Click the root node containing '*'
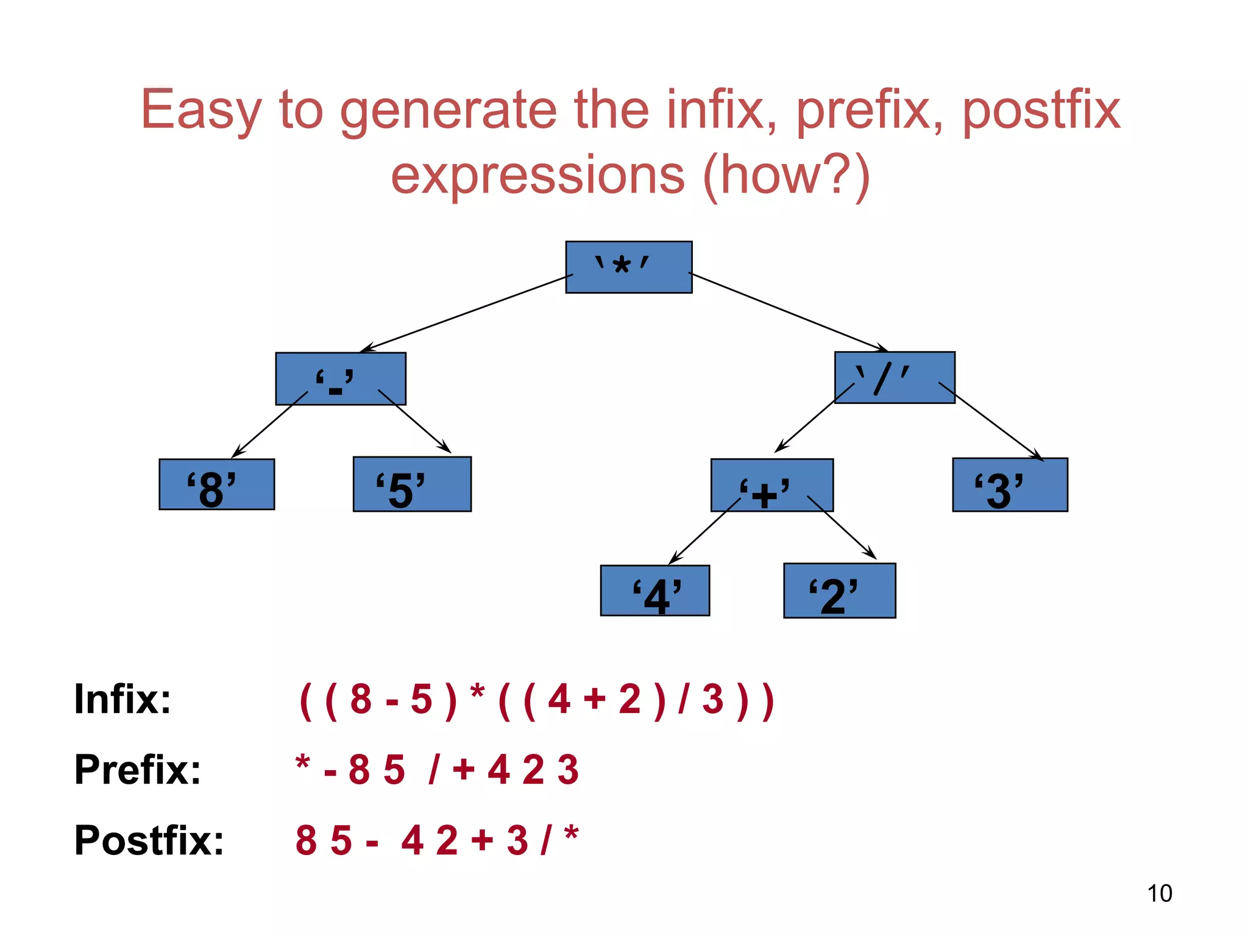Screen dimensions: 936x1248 (628, 267)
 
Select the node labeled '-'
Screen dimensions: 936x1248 (340, 378)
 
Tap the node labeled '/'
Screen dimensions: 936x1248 (894, 377)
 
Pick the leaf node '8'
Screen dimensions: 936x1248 (216, 484)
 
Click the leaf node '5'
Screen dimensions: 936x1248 (412, 484)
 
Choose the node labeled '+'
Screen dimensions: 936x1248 (771, 485)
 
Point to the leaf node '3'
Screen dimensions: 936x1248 (1010, 485)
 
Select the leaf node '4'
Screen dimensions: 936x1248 (654, 590)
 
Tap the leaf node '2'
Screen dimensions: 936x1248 (839, 590)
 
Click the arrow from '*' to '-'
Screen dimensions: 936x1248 (466, 313)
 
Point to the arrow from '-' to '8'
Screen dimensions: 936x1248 (270, 425)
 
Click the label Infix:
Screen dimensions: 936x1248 (122, 699)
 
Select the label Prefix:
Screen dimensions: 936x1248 (138, 770)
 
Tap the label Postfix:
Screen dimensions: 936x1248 (149, 840)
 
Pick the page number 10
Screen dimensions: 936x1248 (1159, 893)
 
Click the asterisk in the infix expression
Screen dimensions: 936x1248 (477, 692)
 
